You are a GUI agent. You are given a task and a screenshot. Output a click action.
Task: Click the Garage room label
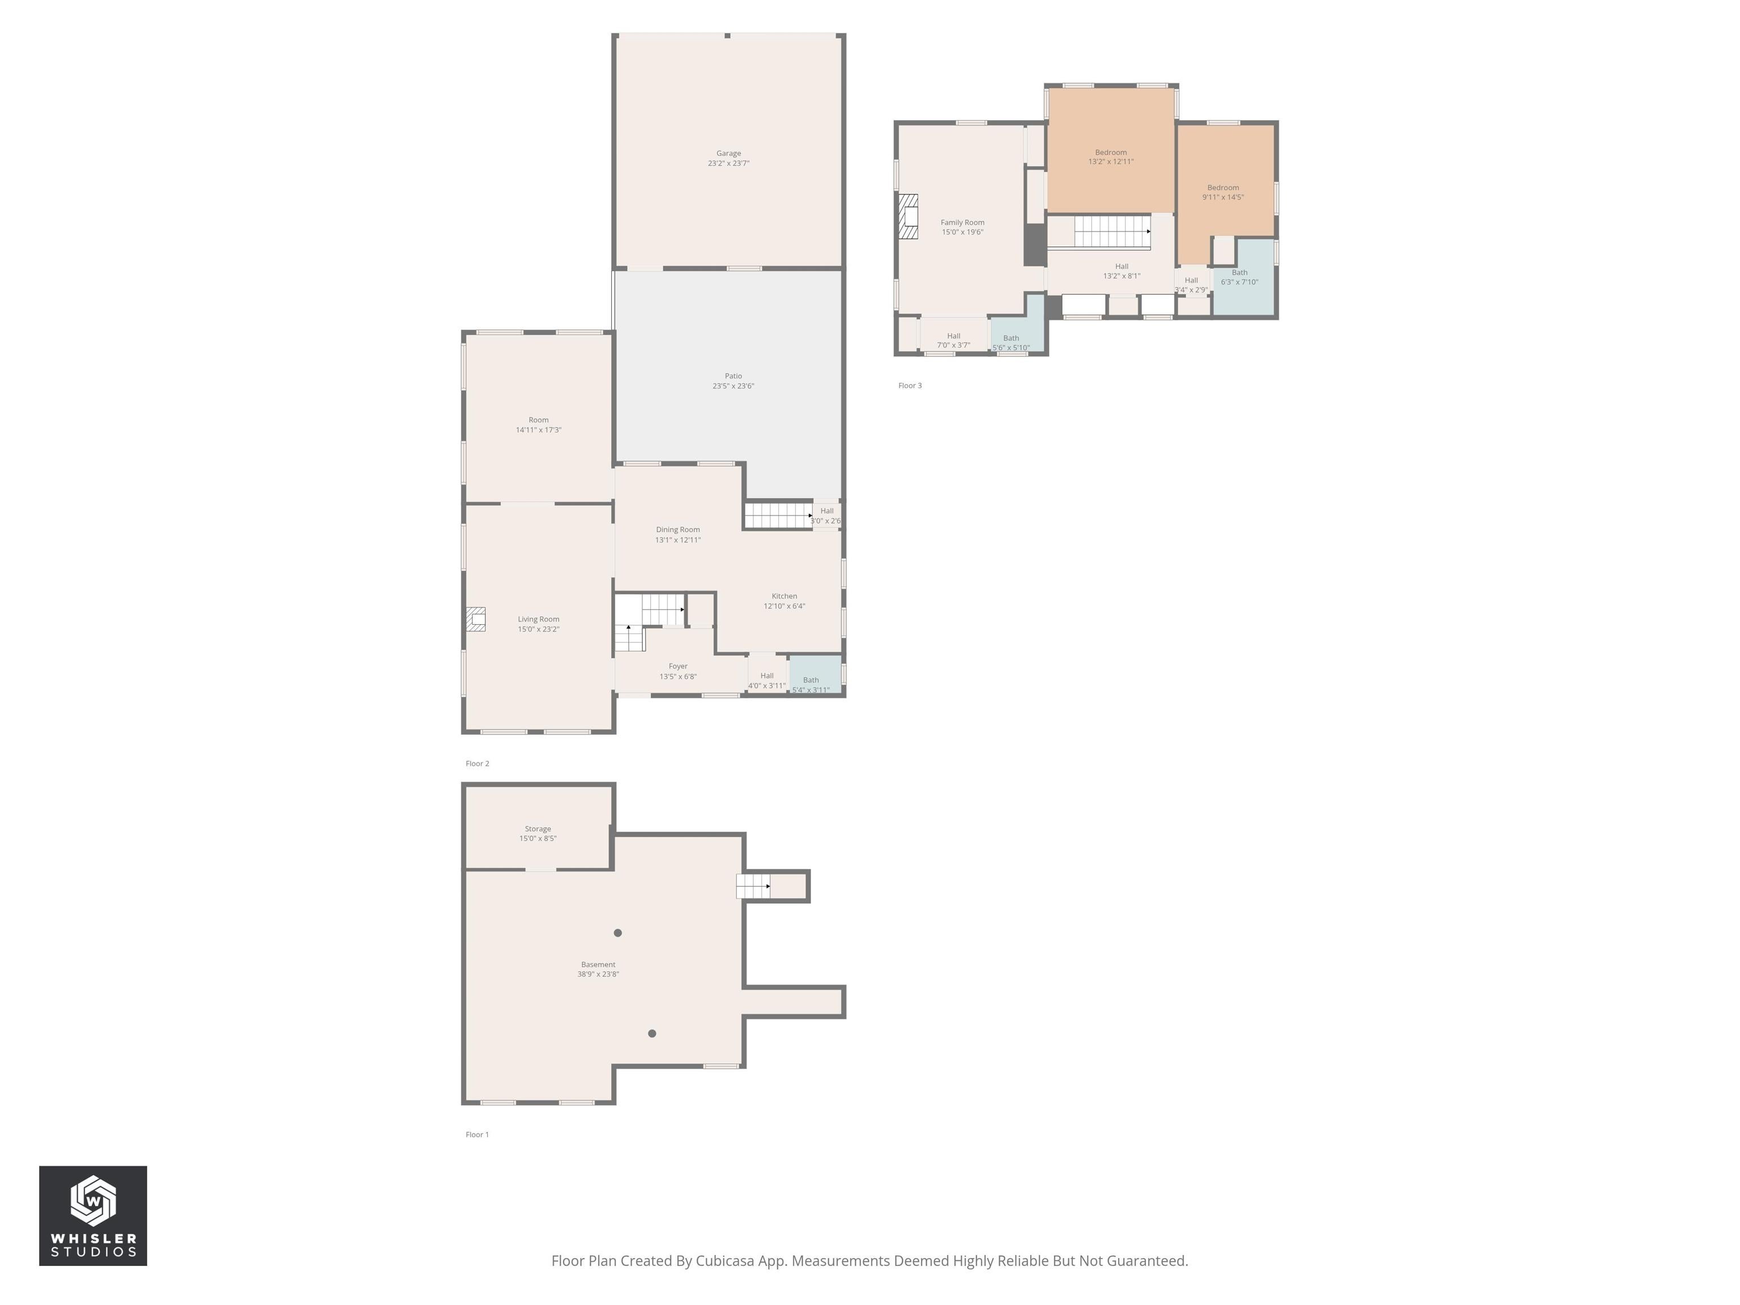click(x=728, y=153)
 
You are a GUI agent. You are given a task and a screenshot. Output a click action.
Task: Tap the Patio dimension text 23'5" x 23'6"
click(x=732, y=386)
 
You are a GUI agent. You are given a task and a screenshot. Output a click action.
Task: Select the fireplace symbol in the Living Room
click(x=475, y=619)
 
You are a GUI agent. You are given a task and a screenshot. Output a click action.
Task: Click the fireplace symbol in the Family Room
click(x=909, y=216)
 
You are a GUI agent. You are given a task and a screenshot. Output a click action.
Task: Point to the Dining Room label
click(x=677, y=530)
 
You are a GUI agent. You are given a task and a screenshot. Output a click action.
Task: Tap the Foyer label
click(x=677, y=666)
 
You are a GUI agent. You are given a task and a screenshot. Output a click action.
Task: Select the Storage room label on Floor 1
click(x=538, y=829)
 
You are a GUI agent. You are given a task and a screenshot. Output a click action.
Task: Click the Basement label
click(x=598, y=965)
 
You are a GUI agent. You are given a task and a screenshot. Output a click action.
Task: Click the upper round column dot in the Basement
click(x=617, y=933)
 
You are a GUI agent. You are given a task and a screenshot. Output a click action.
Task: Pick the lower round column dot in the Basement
click(x=651, y=1034)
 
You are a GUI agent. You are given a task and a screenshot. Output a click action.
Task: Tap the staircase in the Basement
click(x=753, y=886)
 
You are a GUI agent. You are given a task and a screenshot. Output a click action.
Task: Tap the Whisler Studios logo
click(x=93, y=1216)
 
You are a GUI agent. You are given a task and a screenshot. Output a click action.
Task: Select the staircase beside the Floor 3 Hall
click(x=1111, y=231)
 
